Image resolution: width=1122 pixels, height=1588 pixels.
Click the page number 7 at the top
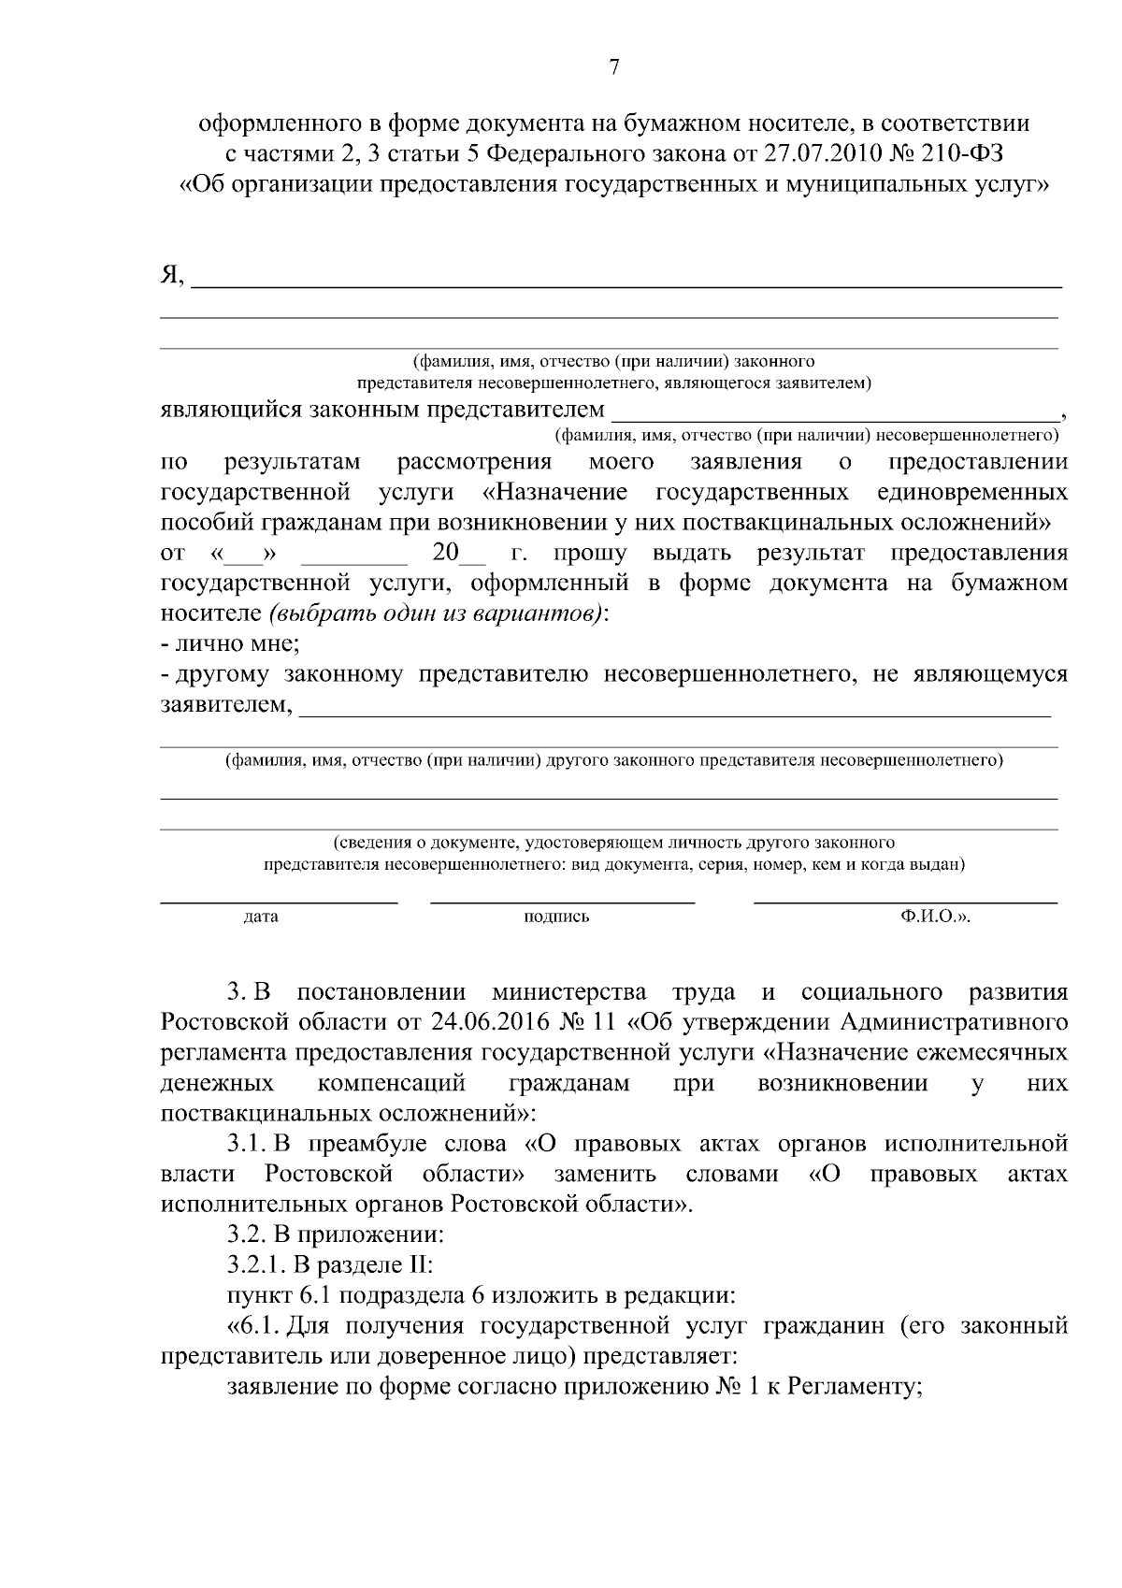coord(613,66)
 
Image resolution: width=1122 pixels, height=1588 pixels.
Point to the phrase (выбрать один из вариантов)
coord(435,614)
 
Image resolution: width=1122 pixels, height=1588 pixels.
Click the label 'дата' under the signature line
coord(261,917)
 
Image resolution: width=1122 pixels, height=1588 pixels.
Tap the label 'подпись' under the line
coord(557,917)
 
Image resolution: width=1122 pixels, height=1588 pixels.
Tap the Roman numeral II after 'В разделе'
coord(416,1265)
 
